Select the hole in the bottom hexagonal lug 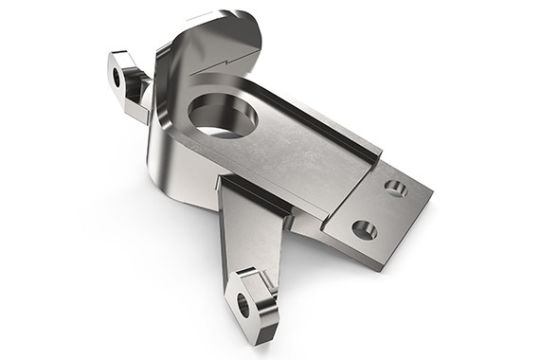pyautogui.click(x=243, y=304)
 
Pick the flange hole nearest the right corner pyautogui.click(x=396, y=189)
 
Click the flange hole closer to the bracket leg pyautogui.click(x=364, y=228)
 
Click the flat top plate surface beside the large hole pyautogui.click(x=294, y=152)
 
